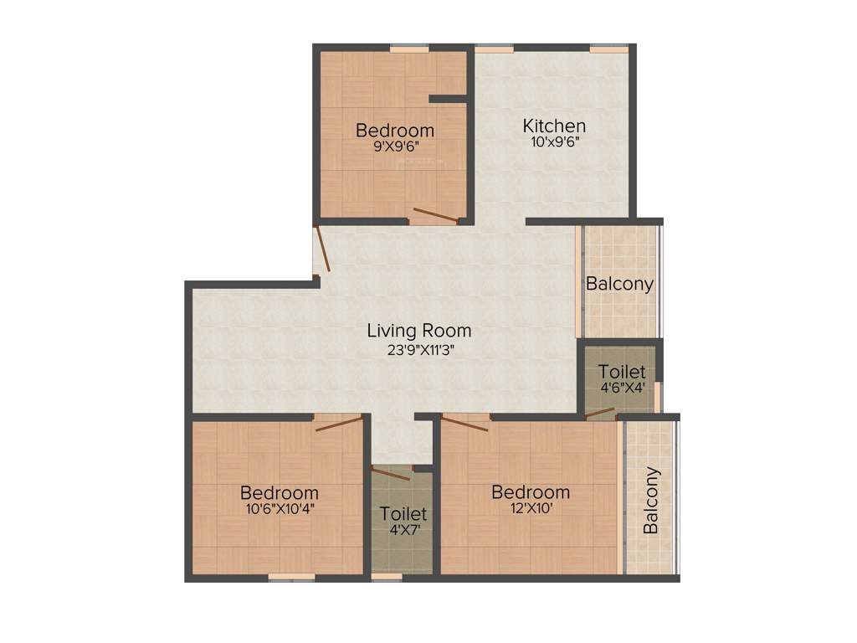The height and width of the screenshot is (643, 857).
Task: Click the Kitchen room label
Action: coord(554,126)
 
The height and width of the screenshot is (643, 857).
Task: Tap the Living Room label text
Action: coord(419,331)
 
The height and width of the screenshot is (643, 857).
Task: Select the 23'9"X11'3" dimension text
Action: coord(419,350)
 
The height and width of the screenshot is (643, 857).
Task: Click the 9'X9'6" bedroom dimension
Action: coord(395,146)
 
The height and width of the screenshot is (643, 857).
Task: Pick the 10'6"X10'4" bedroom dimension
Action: coord(280,507)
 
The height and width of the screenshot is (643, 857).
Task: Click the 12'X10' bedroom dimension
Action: coord(531,507)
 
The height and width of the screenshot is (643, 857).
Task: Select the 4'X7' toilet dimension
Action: coord(403,529)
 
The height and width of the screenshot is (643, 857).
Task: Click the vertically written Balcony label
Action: coord(651,501)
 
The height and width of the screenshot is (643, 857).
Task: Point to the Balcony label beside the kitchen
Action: coord(619,284)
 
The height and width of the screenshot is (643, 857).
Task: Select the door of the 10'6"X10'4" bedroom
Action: coord(339,424)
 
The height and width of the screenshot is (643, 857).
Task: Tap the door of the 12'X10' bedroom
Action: coord(465,424)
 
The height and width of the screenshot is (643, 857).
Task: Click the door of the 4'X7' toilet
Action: coord(392,473)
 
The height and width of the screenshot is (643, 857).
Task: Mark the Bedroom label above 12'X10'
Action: coord(531,491)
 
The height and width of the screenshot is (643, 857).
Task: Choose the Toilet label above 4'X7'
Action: coord(403,513)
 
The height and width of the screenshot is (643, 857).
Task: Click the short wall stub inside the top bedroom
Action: coord(448,99)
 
